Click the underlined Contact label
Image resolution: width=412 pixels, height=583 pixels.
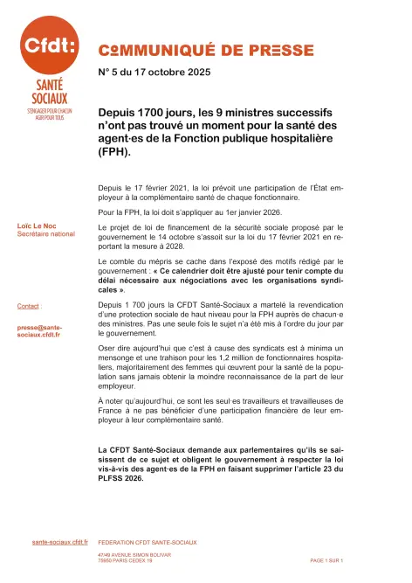click(x=29, y=306)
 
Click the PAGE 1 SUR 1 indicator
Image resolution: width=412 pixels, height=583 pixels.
click(x=327, y=559)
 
